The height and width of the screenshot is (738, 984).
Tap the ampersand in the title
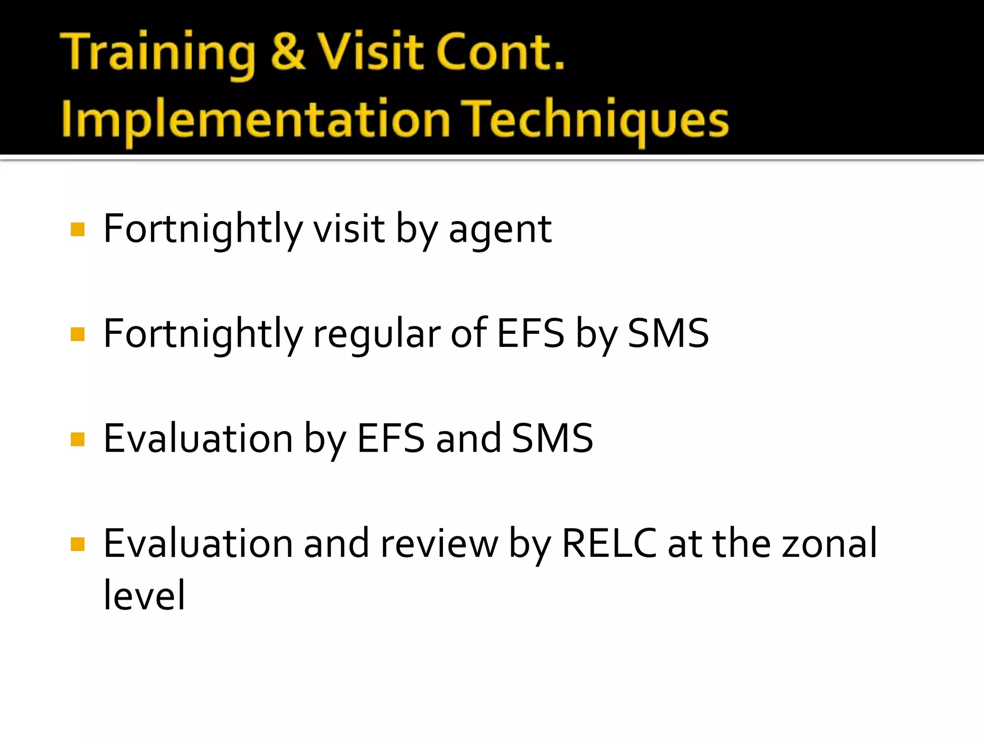(x=287, y=51)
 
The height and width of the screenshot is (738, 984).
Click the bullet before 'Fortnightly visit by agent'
(x=77, y=230)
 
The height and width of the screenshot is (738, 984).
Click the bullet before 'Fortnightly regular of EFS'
(x=77, y=334)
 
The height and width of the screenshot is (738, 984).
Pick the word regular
(x=376, y=334)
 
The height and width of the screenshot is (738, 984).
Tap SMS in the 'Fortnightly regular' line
(x=668, y=333)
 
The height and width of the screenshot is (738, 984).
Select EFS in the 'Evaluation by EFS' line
(x=391, y=439)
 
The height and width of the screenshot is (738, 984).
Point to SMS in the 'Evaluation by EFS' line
(x=553, y=439)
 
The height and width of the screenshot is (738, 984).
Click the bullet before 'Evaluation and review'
(x=77, y=544)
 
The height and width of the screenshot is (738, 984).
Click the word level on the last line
(x=144, y=596)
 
